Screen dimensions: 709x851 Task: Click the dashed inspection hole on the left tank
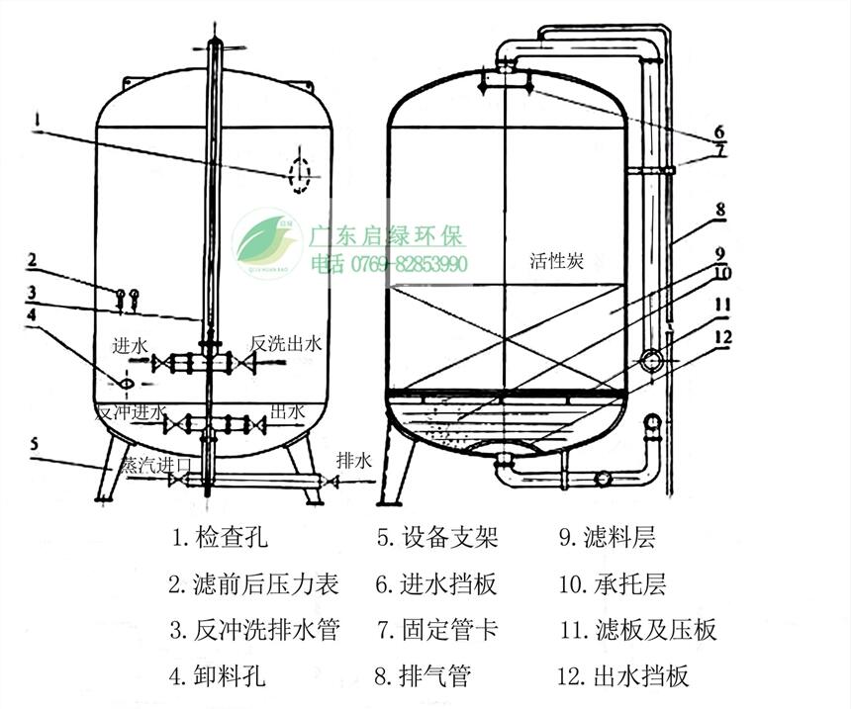point(298,175)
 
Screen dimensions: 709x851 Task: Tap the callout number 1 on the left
point(36,121)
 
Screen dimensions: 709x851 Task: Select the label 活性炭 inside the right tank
point(556,261)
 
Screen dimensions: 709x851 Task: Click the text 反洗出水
point(287,344)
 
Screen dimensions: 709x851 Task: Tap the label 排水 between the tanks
point(353,460)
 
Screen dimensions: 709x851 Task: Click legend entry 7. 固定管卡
point(435,630)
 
